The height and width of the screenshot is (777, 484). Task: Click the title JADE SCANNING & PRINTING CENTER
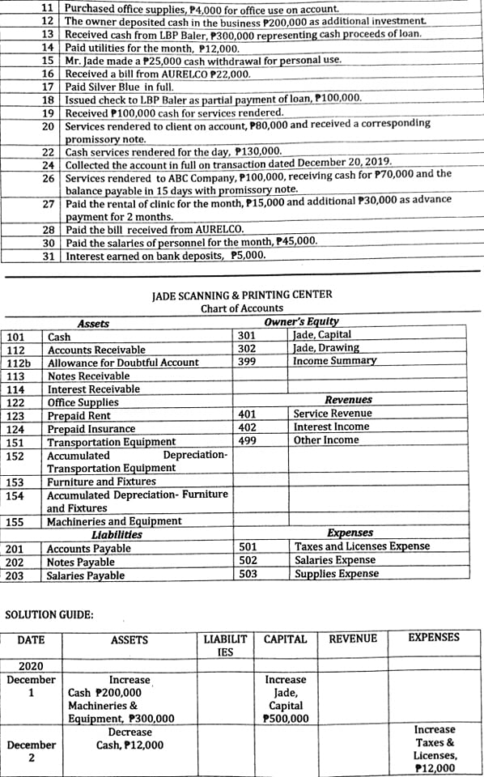click(x=242, y=295)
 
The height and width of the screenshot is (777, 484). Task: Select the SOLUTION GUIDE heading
click(x=49, y=614)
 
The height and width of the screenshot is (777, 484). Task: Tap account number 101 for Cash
click(x=15, y=337)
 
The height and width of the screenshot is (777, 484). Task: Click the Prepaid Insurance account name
click(x=91, y=429)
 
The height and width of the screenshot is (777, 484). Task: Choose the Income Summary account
click(x=334, y=361)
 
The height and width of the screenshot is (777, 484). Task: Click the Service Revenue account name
click(x=333, y=414)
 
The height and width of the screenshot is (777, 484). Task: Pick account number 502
click(x=248, y=560)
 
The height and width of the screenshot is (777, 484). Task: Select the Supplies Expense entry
click(x=336, y=574)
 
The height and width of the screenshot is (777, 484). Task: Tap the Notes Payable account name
click(x=80, y=563)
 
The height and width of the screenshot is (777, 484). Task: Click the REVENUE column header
click(x=353, y=639)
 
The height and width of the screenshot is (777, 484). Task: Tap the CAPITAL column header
click(x=286, y=639)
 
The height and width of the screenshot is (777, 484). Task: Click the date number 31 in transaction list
click(x=48, y=256)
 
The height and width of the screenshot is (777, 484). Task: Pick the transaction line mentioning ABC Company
click(x=258, y=175)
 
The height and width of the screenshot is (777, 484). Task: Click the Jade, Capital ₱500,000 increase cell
click(x=286, y=699)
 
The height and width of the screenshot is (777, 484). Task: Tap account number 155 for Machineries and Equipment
click(x=15, y=522)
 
